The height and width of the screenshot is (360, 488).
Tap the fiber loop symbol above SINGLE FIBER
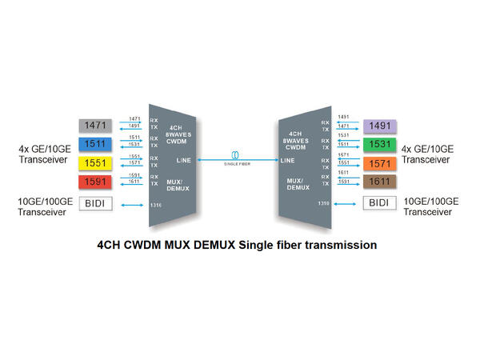point(235,154)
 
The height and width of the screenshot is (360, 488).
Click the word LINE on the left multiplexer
point(182,160)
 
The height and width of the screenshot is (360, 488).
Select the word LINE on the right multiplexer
point(287,160)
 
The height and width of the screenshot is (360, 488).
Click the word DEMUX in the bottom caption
point(213,244)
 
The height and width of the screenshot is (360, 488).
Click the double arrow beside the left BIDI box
point(132,206)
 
